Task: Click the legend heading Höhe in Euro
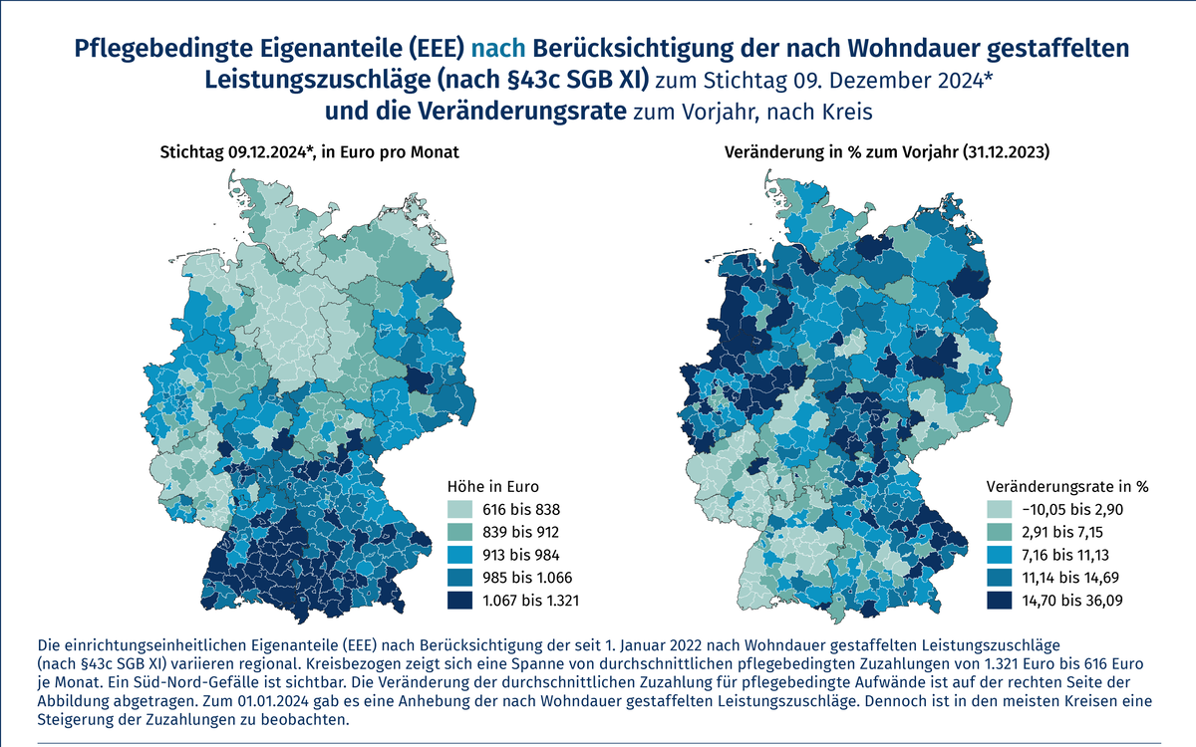490,487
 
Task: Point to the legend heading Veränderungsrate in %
1067,487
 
